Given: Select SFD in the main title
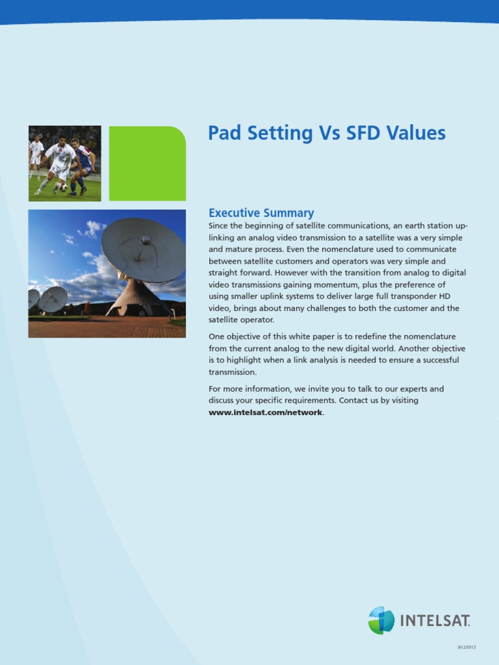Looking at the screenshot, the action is (363, 132).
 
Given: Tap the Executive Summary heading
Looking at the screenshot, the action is (261, 213).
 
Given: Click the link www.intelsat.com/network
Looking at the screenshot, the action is (265, 412).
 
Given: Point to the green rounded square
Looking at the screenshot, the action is (147, 163).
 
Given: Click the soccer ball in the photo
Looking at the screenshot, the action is (63, 187).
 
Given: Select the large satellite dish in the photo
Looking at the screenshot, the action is (143, 250).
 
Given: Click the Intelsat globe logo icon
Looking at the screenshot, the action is (381, 620).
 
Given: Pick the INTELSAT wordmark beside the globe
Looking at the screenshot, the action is (435, 621).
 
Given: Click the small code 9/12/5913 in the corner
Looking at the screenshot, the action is (467, 647).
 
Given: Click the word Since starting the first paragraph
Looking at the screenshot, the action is (218, 225).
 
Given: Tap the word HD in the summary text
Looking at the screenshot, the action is (444, 296).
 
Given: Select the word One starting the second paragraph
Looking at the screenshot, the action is (216, 337).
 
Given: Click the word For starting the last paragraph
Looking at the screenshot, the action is (214, 389).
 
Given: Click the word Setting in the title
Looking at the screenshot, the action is (279, 134).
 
